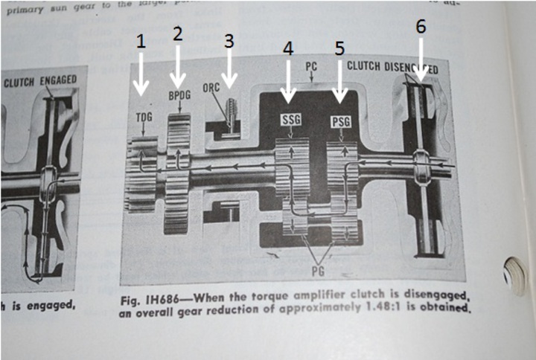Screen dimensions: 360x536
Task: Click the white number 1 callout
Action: tap(141, 45)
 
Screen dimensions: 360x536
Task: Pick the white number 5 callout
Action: tap(339, 49)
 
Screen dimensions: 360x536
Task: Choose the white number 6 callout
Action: tap(421, 26)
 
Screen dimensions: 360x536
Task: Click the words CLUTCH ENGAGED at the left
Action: tap(36, 83)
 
